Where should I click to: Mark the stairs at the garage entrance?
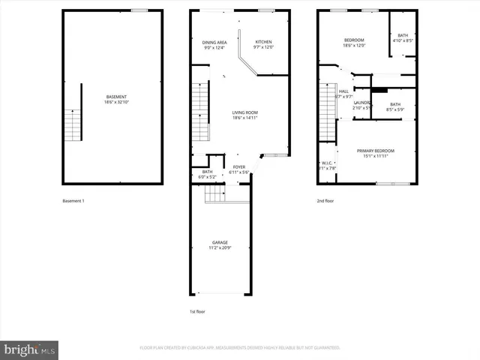click(215, 194)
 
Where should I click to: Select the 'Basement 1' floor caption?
click(73, 201)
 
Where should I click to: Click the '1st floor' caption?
click(196, 311)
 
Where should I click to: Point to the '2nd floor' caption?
click(326, 201)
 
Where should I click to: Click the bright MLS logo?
click(30, 349)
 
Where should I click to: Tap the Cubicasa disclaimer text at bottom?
click(240, 348)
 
